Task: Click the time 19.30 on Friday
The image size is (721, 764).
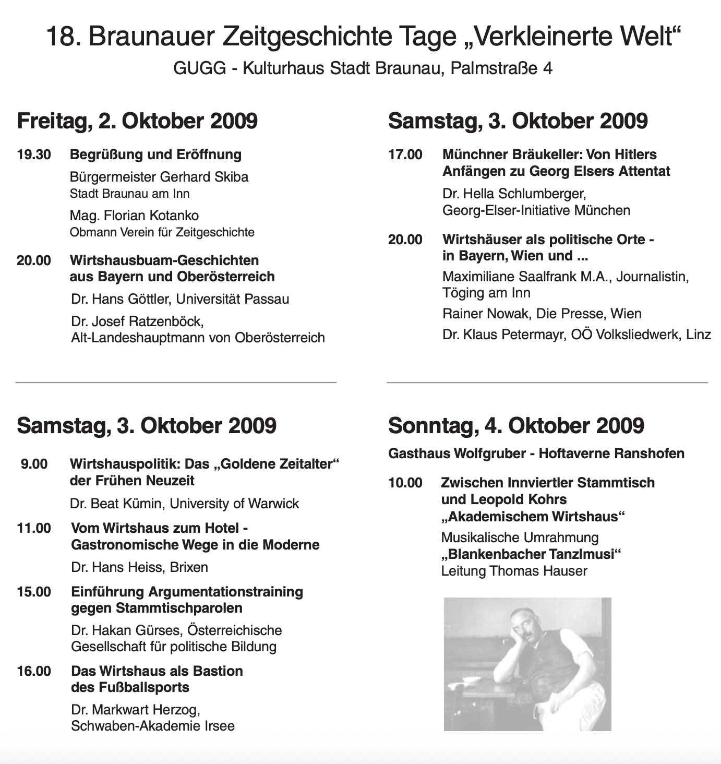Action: (x=34, y=155)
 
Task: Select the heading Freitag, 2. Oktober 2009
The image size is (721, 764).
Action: (x=137, y=121)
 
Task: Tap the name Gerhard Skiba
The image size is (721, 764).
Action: (x=204, y=177)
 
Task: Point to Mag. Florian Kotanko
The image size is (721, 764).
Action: (x=134, y=216)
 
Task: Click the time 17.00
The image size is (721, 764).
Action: (x=405, y=155)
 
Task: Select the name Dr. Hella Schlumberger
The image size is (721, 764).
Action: (x=514, y=194)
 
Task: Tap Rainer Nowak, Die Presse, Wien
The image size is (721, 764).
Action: (x=542, y=314)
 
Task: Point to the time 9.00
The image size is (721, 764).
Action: (x=34, y=464)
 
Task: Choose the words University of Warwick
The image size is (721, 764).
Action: (x=234, y=504)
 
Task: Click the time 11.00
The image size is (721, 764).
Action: (x=34, y=529)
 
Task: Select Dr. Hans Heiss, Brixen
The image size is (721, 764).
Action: (x=139, y=567)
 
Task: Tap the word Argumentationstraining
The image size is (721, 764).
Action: (x=225, y=592)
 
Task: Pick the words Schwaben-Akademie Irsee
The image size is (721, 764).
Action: (x=153, y=726)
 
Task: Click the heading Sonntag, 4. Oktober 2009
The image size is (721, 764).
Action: (x=516, y=426)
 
